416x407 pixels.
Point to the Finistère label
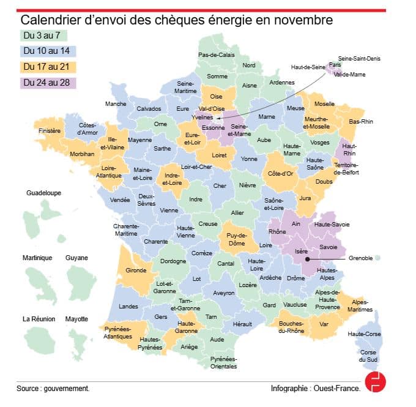click(x=50, y=131)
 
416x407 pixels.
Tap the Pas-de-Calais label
click(x=216, y=54)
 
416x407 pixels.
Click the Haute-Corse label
click(x=363, y=334)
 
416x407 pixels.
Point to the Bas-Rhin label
click(x=361, y=122)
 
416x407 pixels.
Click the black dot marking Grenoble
click(x=307, y=259)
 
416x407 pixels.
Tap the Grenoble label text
click(x=360, y=258)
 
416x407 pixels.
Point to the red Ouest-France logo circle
click(x=375, y=381)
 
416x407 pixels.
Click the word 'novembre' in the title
click(x=303, y=20)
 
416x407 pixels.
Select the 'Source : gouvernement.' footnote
click(x=53, y=388)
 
